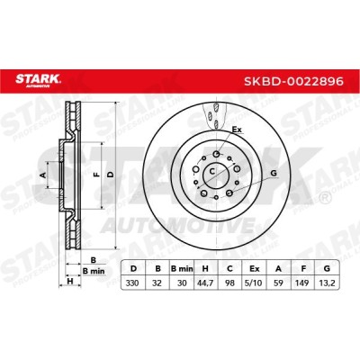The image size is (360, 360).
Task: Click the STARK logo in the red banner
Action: (38, 80)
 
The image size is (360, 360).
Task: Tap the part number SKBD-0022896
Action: (293, 81)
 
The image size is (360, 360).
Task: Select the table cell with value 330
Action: (132, 283)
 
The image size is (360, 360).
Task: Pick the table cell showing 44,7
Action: (205, 283)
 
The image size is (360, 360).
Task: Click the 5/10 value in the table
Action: (254, 283)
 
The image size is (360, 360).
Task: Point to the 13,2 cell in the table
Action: (327, 283)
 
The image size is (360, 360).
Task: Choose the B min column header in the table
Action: (182, 269)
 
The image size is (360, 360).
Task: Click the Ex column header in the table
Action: (254, 269)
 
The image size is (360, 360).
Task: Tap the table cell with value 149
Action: (302, 283)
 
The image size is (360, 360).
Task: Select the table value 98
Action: (229, 283)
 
